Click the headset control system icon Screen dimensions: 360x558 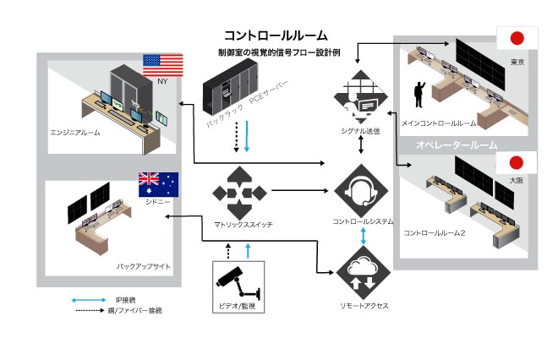362,193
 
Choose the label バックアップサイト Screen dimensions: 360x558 144,267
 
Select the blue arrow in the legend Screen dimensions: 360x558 87,299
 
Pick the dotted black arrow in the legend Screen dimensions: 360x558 87,310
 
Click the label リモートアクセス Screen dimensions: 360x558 361,305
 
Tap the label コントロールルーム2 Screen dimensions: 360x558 435,232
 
